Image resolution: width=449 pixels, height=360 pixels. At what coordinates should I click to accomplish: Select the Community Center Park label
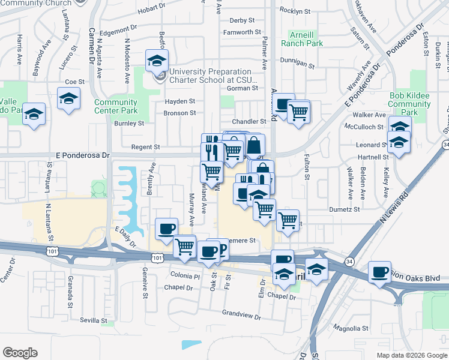click(x=116, y=106)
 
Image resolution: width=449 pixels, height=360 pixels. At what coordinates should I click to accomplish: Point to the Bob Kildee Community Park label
click(x=410, y=104)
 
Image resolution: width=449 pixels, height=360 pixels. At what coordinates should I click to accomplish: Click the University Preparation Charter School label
click(x=214, y=75)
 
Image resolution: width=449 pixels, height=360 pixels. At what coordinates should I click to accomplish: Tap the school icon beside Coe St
click(x=69, y=98)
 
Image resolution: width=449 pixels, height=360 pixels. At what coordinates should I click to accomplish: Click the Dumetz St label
click(x=344, y=209)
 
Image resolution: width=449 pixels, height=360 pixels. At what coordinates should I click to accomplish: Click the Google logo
click(x=20, y=353)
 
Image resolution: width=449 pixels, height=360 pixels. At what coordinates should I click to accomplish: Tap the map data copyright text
click(x=412, y=355)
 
